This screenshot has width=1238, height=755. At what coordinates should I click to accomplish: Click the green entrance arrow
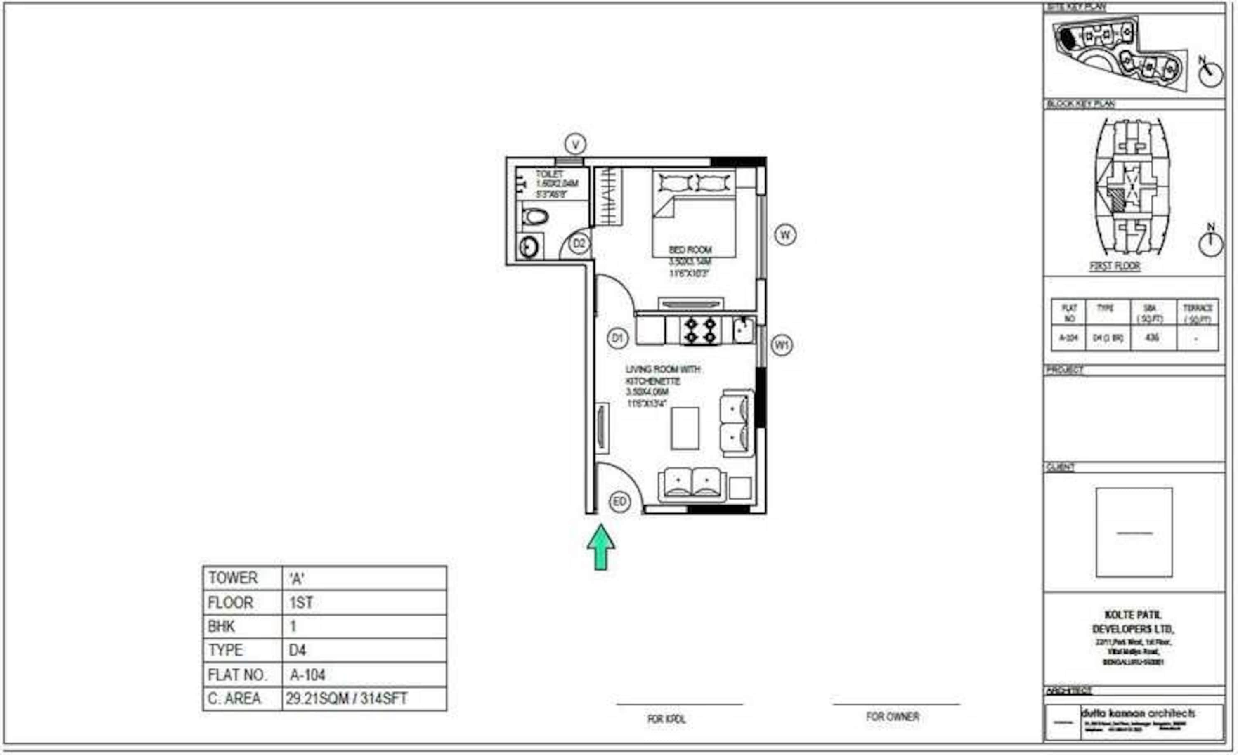pyautogui.click(x=600, y=547)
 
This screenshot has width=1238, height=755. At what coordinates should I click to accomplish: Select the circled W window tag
pyautogui.click(x=785, y=235)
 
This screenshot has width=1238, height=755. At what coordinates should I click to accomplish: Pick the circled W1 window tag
pyautogui.click(x=782, y=345)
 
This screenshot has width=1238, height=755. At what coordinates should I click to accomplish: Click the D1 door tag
pyautogui.click(x=617, y=338)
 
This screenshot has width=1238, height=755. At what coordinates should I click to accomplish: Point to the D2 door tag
pyautogui.click(x=579, y=244)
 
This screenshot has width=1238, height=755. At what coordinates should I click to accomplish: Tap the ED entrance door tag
pyautogui.click(x=619, y=502)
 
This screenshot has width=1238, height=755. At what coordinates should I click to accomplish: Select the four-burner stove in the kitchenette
pyautogui.click(x=700, y=330)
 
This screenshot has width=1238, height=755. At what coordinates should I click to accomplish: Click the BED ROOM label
pyautogui.click(x=690, y=250)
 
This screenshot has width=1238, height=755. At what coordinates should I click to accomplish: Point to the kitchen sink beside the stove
pyautogui.click(x=743, y=330)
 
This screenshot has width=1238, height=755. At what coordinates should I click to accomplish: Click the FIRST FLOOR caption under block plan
pyautogui.click(x=1114, y=266)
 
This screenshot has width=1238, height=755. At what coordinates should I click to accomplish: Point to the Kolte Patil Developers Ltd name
pyautogui.click(x=1133, y=622)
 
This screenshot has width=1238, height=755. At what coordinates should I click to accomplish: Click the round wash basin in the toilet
pyautogui.click(x=529, y=247)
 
